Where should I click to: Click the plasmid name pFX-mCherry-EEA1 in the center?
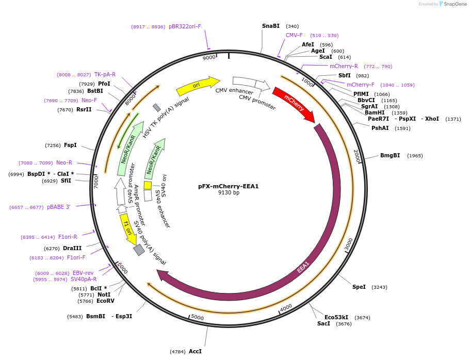coord(228,186)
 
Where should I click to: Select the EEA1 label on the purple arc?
coord(303,267)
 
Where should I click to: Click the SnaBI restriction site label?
coord(270,26)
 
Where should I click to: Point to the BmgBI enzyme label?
coord(390,155)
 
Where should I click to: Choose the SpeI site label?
coord(359,287)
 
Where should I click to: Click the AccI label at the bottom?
coord(195,351)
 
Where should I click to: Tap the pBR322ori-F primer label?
coord(185,26)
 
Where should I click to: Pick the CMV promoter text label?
coord(257,102)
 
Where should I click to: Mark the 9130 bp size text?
coord(229,193)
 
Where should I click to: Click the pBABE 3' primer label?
coord(58,207)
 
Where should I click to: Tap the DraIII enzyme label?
coord(72,248)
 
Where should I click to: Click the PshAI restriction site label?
coord(380,128)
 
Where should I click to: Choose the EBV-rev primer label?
coord(83,273)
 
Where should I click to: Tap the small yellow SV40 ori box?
coord(148,185)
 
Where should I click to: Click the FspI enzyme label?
coord(70,145)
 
